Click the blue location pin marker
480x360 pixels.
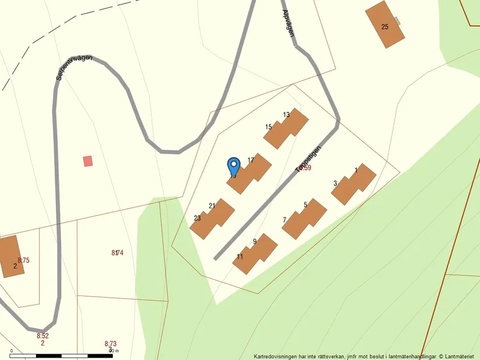point(233,166)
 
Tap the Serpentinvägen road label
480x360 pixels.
point(74,67)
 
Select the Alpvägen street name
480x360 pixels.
point(288,23)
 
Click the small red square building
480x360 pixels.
point(88,161)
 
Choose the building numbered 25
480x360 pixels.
point(385,26)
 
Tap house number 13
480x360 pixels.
point(286,115)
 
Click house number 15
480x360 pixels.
point(268,127)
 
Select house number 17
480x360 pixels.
point(251,160)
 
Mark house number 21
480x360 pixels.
point(212,205)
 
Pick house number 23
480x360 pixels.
point(197,218)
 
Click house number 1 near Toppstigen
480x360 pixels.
point(355,170)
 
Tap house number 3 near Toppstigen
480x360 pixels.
point(335,183)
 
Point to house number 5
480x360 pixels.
point(305,205)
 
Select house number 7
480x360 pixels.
point(285,220)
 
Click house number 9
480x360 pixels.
point(255,241)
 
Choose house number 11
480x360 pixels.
point(240,256)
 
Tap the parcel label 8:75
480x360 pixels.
point(23,261)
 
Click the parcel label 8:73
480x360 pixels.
point(111,344)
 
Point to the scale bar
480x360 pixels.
point(63,355)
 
